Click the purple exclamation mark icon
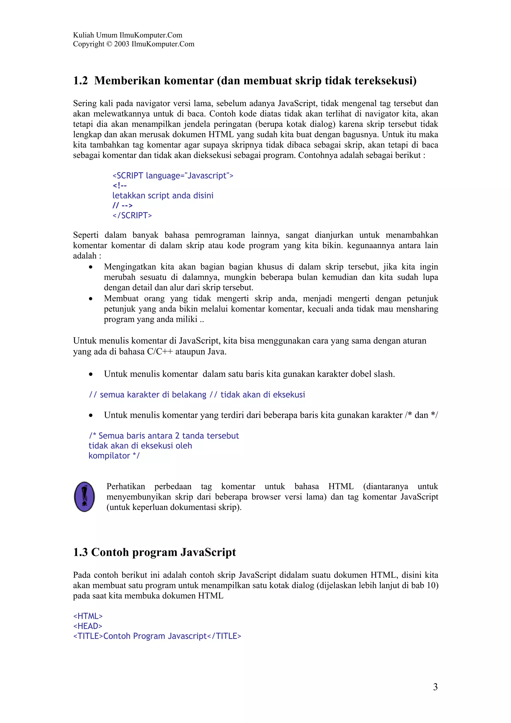[x=84, y=496]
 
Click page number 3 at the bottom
[x=435, y=687]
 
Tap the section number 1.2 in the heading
[x=80, y=81]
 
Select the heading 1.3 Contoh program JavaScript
[x=154, y=552]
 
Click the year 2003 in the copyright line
[x=122, y=44]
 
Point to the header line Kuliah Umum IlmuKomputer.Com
[x=128, y=35]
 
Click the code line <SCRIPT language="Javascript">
[x=173, y=175]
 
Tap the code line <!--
[x=120, y=185]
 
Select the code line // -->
[x=123, y=205]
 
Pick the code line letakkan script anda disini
[x=163, y=196]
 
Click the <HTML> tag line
[x=88, y=616]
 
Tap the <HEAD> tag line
[x=88, y=626]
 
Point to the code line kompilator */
[x=114, y=456]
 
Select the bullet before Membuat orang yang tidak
[x=91, y=299]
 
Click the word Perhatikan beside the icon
[x=126, y=486]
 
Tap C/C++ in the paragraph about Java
[x=160, y=352]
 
